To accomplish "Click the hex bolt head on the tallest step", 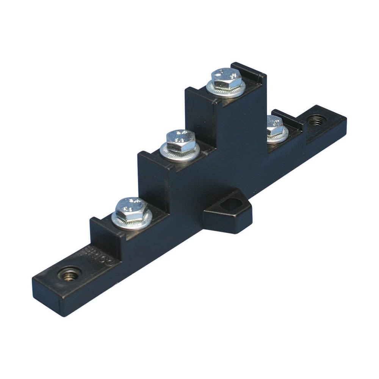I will pos(227,78).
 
